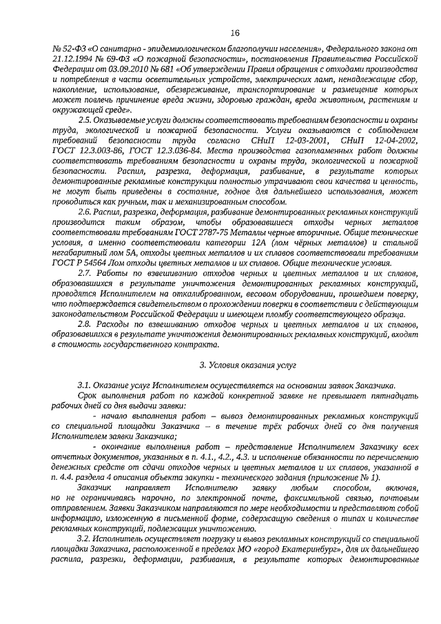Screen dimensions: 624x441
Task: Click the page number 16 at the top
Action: pyautogui.click(x=234, y=32)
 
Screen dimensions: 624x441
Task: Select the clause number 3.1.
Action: pyautogui.click(x=85, y=385)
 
